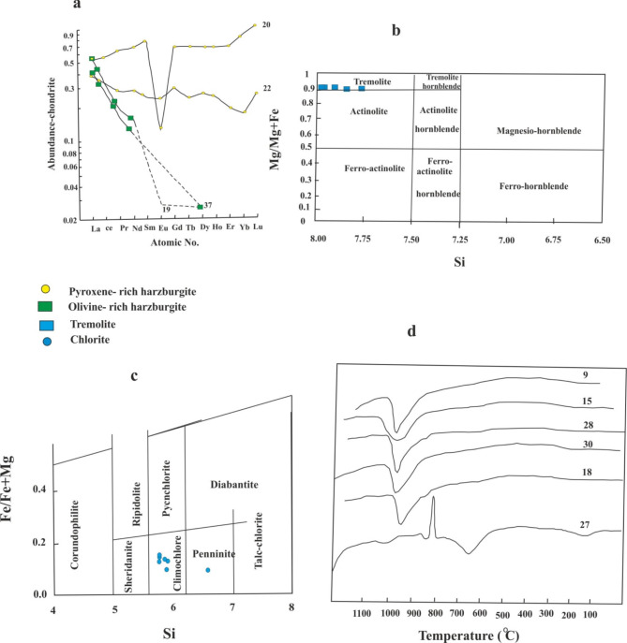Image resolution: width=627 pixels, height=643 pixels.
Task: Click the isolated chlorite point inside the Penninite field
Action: [207, 570]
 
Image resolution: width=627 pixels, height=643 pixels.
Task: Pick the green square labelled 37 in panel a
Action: [201, 206]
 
